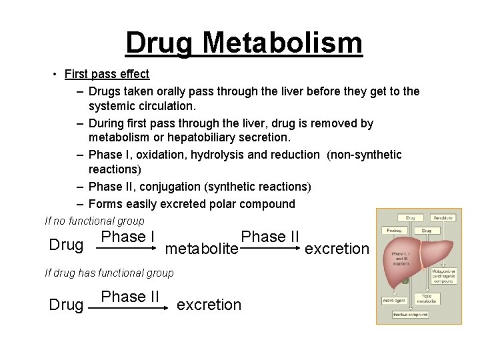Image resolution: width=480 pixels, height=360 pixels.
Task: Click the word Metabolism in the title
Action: pos(282,43)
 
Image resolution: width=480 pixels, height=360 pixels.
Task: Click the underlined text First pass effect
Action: pos(107,74)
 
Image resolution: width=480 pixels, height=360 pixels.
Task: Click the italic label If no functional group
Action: pos(94,221)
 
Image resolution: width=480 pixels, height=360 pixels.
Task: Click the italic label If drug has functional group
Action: pos(109,273)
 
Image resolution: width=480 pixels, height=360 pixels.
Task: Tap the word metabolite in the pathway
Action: pos(201,249)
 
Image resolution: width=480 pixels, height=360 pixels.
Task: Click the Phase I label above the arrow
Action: pos(128,237)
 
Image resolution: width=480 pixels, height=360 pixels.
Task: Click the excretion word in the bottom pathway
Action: pos(209,305)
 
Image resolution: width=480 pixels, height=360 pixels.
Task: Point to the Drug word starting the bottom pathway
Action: pos(67,305)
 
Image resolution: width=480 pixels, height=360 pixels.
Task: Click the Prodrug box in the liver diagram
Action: pos(393,231)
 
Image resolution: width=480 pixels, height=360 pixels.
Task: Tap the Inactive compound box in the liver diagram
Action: pos(409,314)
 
